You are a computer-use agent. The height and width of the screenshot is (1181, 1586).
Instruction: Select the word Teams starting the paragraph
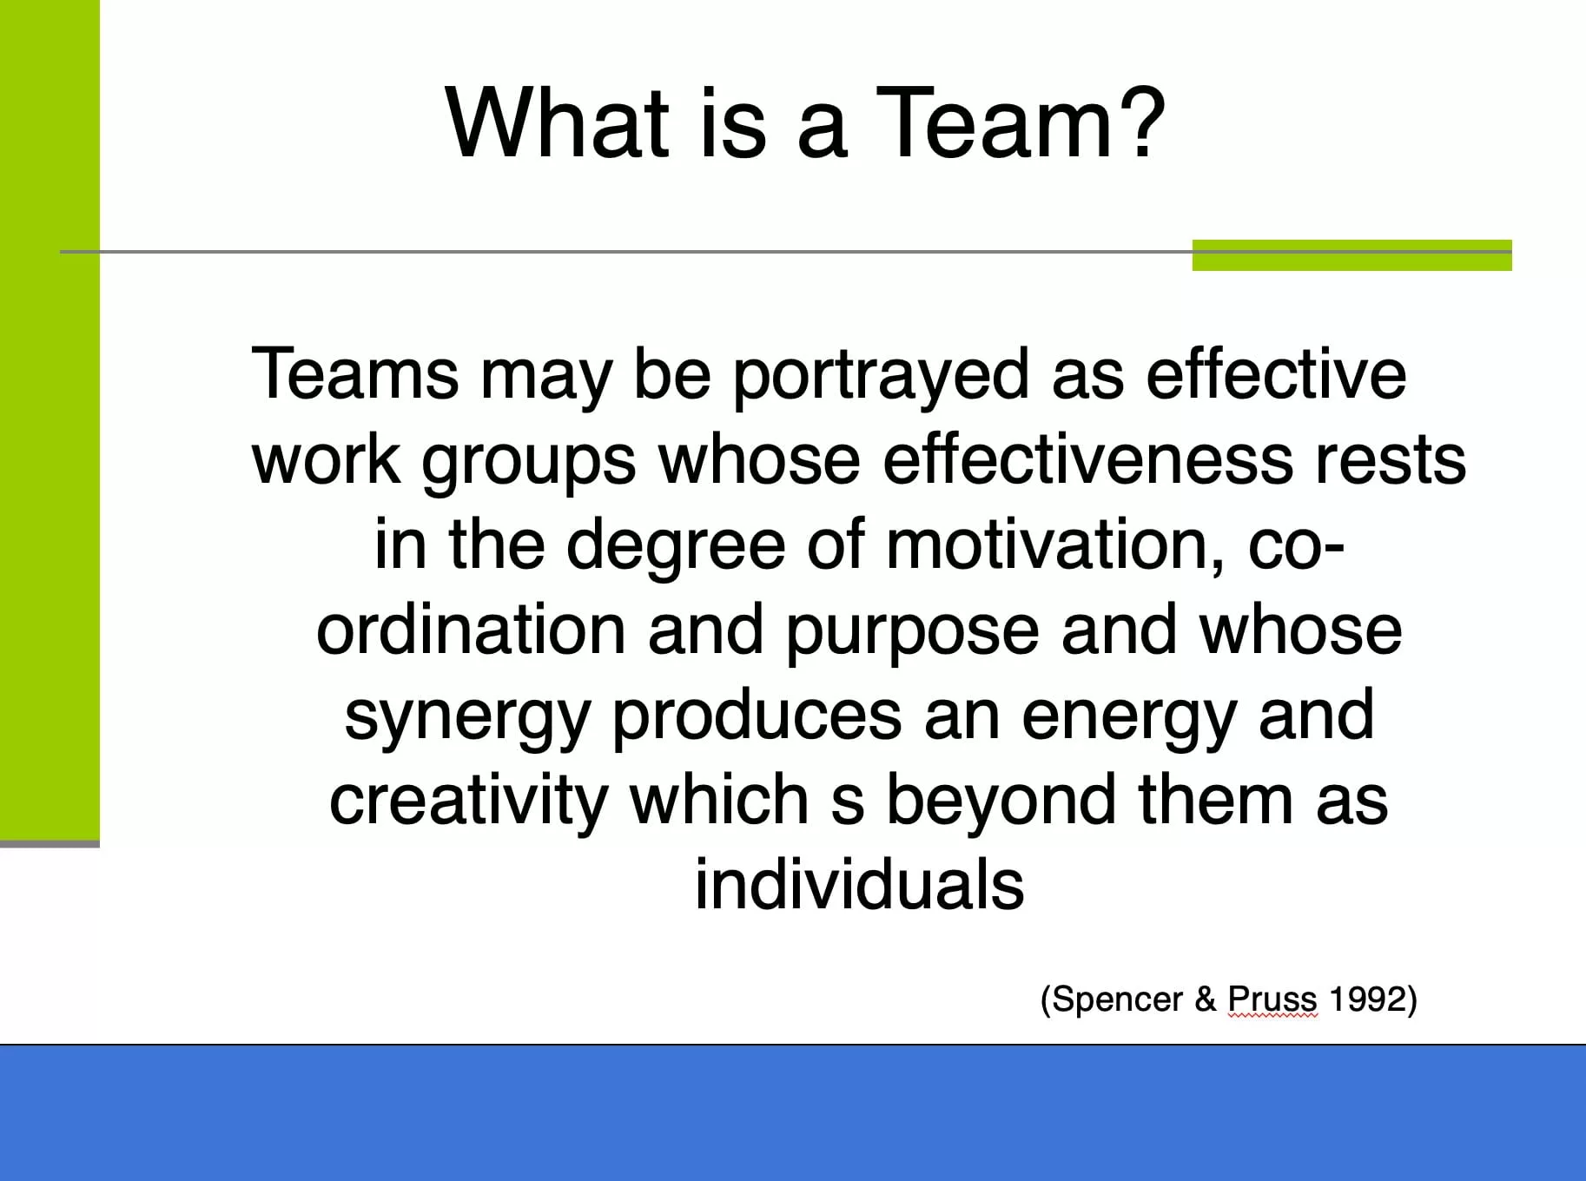[354, 373]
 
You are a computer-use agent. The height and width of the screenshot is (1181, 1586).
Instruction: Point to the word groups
[529, 464]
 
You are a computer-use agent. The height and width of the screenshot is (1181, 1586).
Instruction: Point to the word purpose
[912, 634]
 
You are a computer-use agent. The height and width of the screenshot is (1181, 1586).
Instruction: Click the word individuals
[860, 884]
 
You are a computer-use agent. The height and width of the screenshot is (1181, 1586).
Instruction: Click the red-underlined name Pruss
[1272, 1000]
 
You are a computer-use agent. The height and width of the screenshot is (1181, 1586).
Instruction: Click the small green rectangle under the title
[1351, 255]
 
